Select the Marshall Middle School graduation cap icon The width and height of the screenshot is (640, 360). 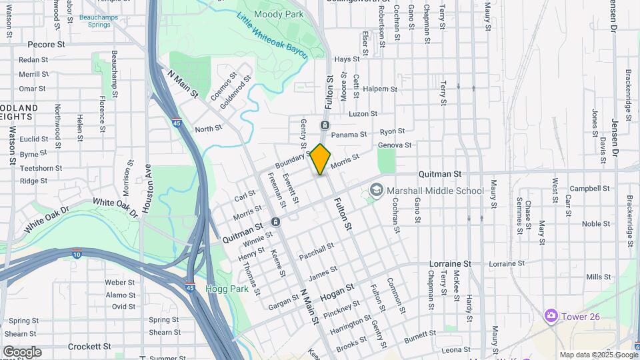click(376, 191)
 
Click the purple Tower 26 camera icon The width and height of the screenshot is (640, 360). click(551, 315)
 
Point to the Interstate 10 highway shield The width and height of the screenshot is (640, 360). click(77, 253)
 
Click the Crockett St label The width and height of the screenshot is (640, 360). click(89, 347)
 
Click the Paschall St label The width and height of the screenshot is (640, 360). click(317, 252)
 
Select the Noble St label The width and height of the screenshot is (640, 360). click(596, 224)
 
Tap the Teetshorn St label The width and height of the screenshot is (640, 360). click(41, 169)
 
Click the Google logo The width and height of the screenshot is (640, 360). click(22, 352)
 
